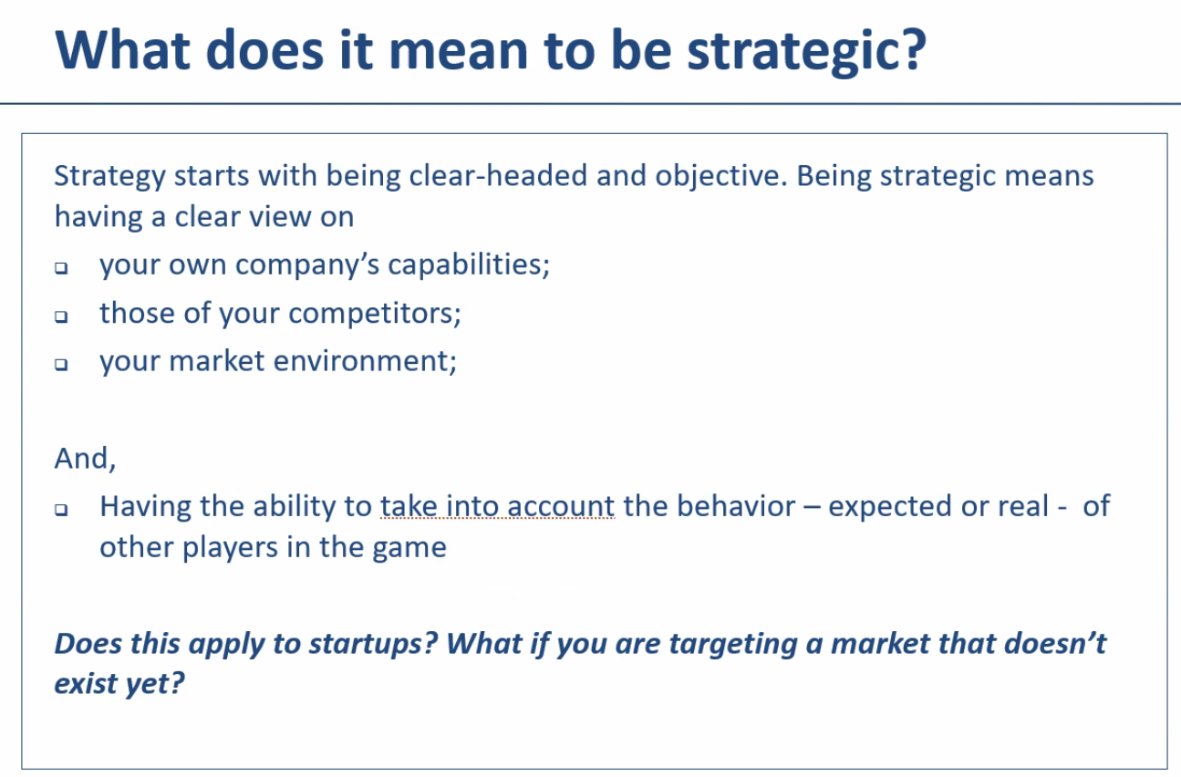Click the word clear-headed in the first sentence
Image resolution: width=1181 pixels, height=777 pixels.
click(x=498, y=175)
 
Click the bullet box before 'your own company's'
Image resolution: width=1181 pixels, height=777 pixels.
click(x=61, y=268)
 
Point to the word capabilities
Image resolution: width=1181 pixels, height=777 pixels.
click(x=469, y=264)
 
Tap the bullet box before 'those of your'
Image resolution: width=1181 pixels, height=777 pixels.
click(x=61, y=316)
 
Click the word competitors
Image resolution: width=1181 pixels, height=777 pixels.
click(x=375, y=314)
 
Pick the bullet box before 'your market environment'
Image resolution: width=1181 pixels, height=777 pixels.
click(x=61, y=364)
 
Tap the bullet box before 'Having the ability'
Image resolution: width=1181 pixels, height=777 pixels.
click(x=61, y=510)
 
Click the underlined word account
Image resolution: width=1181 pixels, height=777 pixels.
click(x=561, y=506)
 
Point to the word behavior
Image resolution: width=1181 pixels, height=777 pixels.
click(x=736, y=506)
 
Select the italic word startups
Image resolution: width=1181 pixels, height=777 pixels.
click(x=373, y=644)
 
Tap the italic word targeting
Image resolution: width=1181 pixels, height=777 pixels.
click(x=733, y=644)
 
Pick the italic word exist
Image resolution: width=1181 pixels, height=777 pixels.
click(x=86, y=684)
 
